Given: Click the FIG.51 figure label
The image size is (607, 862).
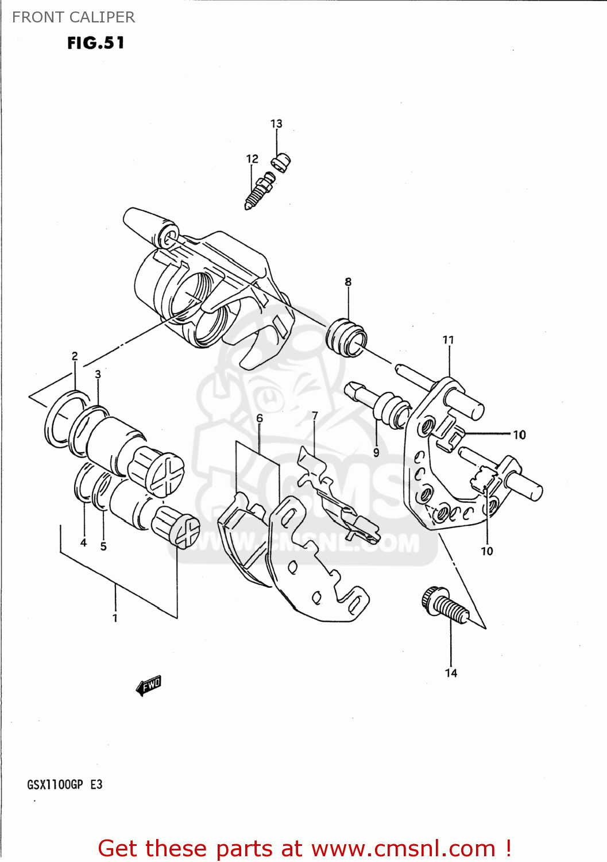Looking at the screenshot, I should [x=95, y=43].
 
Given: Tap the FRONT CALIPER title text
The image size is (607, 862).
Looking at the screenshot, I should [x=74, y=17].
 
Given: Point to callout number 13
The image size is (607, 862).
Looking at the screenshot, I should [x=276, y=124].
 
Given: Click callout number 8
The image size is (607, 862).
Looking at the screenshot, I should [x=348, y=282].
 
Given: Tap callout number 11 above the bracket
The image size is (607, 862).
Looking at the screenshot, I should [x=448, y=340].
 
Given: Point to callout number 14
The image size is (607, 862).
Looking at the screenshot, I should [x=451, y=673].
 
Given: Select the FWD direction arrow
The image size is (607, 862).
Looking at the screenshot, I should [x=149, y=685].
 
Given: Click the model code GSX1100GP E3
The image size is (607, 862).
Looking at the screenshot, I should [x=64, y=784].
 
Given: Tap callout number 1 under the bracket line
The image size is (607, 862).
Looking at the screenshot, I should [x=115, y=618].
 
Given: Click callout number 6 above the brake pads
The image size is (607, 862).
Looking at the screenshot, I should [x=260, y=418].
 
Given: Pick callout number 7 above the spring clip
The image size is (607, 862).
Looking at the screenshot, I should [x=315, y=415].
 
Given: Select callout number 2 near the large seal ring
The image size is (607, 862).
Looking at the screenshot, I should [x=75, y=356].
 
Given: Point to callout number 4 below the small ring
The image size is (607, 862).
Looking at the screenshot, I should [x=83, y=542].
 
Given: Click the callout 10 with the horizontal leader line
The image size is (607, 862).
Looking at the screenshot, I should [x=519, y=434].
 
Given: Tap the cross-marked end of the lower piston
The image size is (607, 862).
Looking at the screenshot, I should [x=187, y=531].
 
